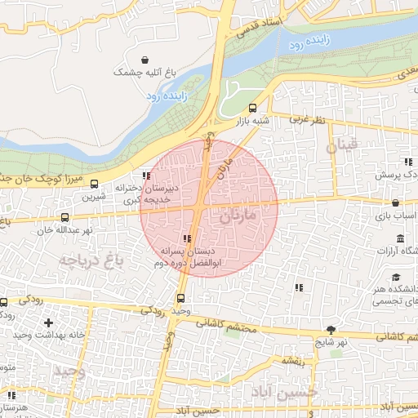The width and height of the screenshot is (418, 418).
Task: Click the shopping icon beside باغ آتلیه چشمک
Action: tap(145, 60)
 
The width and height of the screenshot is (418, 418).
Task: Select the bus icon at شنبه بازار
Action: tap(252, 108)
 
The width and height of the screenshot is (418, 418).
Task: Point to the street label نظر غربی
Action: tap(306, 119)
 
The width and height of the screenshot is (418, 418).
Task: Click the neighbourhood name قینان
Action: tap(341, 146)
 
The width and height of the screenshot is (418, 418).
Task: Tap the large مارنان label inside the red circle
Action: tap(238, 216)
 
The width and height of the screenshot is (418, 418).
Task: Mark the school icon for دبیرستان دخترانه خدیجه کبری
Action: tap(146, 176)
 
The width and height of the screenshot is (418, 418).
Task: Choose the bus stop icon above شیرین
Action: tap(94, 184)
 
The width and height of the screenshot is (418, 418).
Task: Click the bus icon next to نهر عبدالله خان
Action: tap(65, 217)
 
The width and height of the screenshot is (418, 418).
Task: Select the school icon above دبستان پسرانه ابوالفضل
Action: tap(188, 239)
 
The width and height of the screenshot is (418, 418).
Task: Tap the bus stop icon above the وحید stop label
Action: tap(180, 298)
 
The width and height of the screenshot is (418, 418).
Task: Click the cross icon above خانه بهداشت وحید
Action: tap(48, 323)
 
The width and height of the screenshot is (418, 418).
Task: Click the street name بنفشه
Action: tap(293, 359)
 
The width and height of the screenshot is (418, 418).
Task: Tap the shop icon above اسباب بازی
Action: tap(395, 202)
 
